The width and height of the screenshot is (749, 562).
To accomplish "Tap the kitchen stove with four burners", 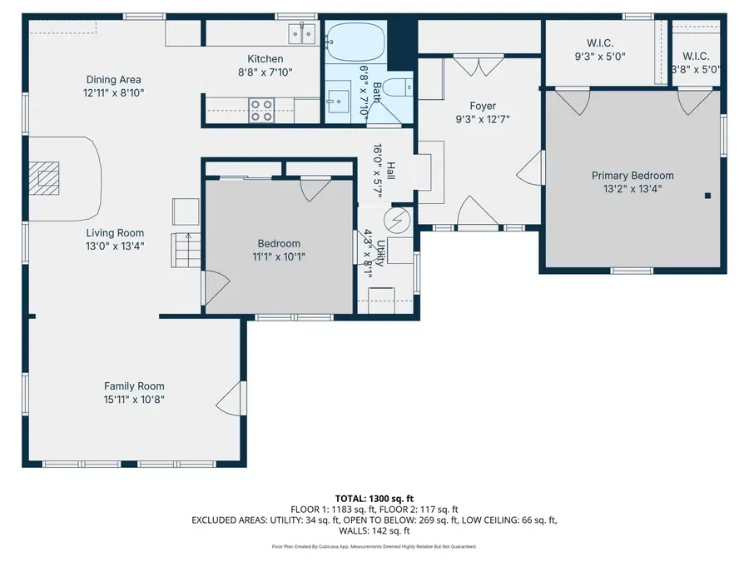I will (262, 110).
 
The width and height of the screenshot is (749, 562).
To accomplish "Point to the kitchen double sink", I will (301, 34).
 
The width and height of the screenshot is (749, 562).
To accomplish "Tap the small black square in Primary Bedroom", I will (707, 196).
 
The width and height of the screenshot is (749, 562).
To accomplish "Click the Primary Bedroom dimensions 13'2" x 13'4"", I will (632, 189).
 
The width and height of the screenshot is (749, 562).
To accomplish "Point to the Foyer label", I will (483, 106).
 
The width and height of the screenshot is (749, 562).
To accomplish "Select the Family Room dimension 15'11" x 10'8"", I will (134, 400).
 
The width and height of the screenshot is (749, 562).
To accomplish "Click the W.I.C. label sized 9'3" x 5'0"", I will (598, 57).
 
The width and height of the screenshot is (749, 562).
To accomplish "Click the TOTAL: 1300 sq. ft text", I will (374, 498).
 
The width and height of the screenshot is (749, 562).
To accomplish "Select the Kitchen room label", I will (265, 59).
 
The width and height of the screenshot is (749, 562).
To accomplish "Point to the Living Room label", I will (115, 233).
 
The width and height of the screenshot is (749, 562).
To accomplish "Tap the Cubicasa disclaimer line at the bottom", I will (374, 547).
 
